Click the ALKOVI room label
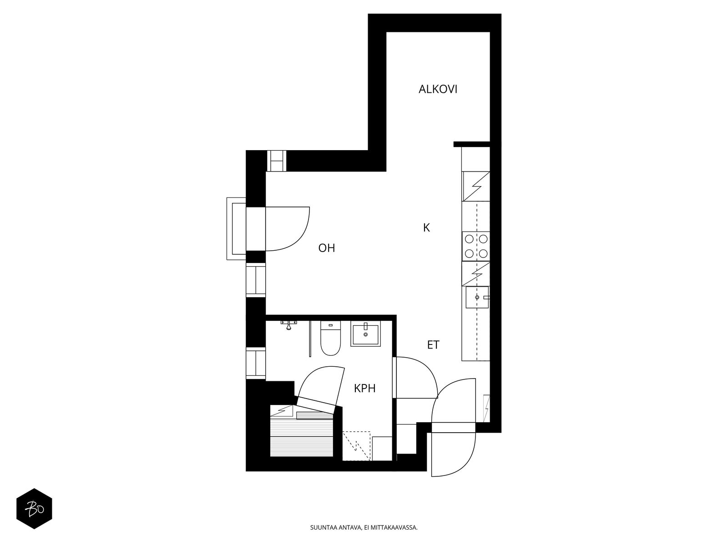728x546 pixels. point(437,89)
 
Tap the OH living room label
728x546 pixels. point(326,248)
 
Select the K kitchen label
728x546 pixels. point(426,228)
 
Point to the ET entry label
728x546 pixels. point(433,345)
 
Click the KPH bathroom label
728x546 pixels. point(364,388)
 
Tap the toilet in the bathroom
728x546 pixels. point(330,338)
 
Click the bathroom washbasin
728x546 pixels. point(365,334)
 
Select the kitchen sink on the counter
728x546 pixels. point(477,297)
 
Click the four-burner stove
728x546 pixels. point(475,246)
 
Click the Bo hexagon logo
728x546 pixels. point(34,509)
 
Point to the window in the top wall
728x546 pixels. point(277,161)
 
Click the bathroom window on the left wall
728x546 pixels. point(256,363)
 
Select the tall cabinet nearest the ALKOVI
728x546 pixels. point(475,159)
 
